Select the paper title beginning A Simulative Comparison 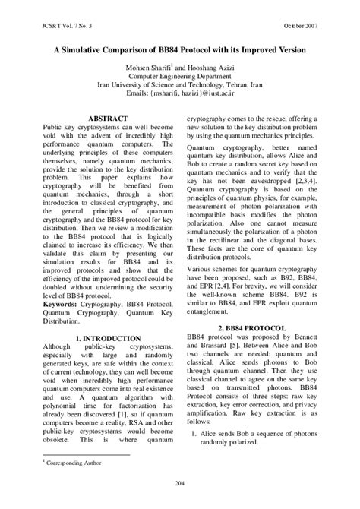click(x=179, y=49)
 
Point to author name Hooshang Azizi click(x=210, y=68)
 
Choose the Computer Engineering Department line click(x=179, y=77)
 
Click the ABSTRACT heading click(x=108, y=119)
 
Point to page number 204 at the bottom click(x=180, y=482)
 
